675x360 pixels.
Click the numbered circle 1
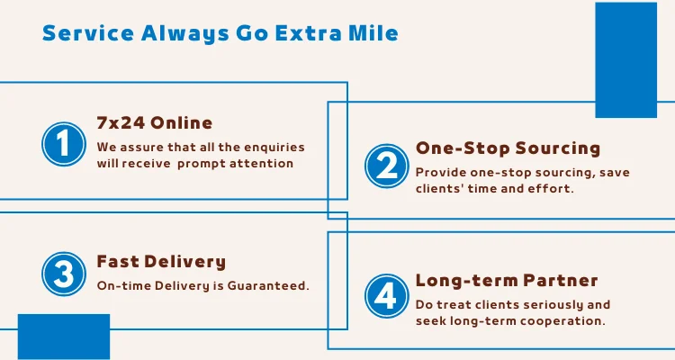[64, 144]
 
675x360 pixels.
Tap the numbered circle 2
[387, 166]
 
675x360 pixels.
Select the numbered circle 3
[64, 274]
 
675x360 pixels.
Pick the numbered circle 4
[387, 296]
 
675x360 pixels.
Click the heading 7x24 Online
[155, 123]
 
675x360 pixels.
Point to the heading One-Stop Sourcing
[508, 148]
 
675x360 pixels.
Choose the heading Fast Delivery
[161, 261]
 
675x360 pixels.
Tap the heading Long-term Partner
[507, 280]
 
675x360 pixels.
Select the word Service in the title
[88, 33]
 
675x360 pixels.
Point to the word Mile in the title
[373, 33]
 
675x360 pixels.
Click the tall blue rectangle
[625, 60]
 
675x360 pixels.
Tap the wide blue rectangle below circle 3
[64, 337]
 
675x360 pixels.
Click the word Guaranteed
[268, 285]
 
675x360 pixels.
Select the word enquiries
[274, 148]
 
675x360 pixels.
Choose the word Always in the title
[185, 34]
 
